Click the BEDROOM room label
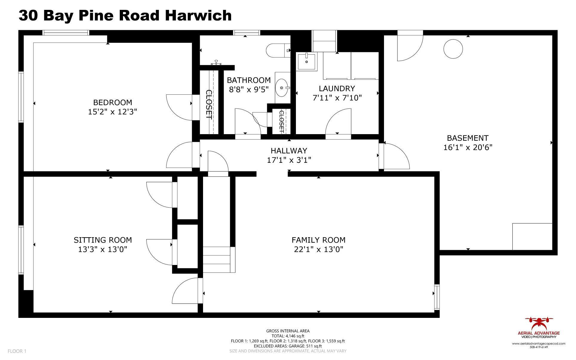click(x=113, y=102)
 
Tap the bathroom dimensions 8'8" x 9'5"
click(x=249, y=89)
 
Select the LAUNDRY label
click(x=337, y=88)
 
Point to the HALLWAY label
click(x=289, y=151)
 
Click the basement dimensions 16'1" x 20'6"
click(x=468, y=147)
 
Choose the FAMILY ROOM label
click(x=318, y=240)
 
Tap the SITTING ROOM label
click(x=103, y=240)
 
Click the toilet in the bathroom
click(x=278, y=50)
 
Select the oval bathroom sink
click(x=282, y=88)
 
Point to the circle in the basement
click(x=453, y=49)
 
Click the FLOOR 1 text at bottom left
click(x=17, y=351)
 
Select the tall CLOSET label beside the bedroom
click(x=209, y=105)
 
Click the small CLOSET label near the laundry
click(x=281, y=121)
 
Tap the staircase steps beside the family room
click(x=217, y=259)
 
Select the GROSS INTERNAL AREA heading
click(x=288, y=331)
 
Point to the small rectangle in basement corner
click(x=532, y=236)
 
